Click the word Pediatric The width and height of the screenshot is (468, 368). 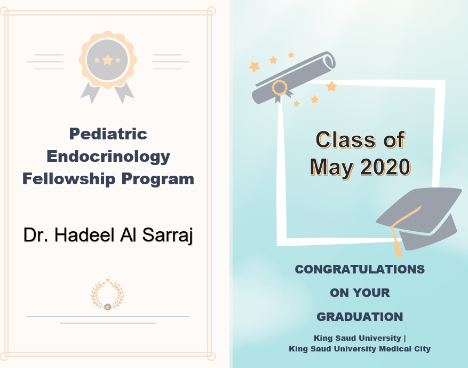coord(108,134)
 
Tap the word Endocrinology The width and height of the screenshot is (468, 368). coord(108,156)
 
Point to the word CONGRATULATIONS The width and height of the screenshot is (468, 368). coord(360,269)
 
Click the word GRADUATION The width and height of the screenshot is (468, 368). coord(360,317)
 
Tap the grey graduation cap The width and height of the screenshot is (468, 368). coord(422,214)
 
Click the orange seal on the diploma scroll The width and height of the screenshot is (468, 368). coord(280,87)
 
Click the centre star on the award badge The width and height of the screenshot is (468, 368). coord(107,60)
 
